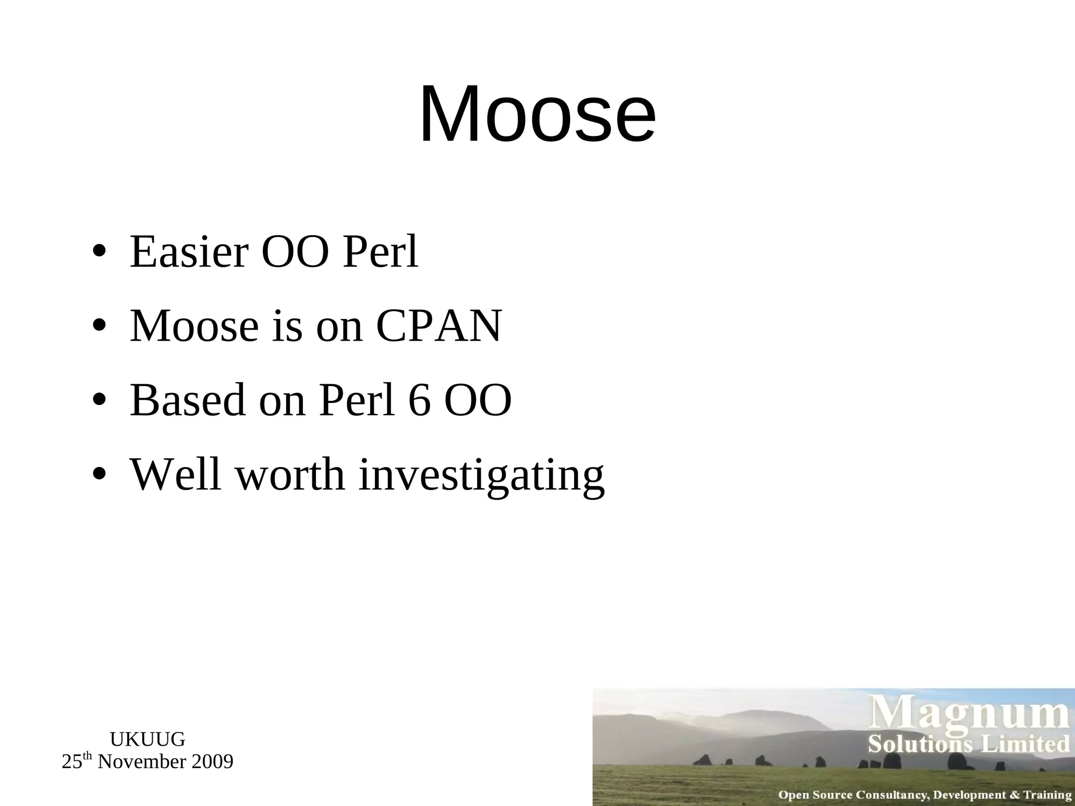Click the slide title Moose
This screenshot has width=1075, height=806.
pos(537,114)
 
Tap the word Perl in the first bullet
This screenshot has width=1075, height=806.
pos(381,252)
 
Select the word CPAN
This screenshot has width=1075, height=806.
pos(439,326)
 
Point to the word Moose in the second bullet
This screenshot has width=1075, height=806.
pos(194,326)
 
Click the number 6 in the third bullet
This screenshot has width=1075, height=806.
pos(419,400)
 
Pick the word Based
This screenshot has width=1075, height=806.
pos(187,400)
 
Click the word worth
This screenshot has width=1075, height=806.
pos(290,474)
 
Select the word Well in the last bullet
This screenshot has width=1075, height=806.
pos(175,474)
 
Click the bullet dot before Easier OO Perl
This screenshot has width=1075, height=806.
pos(99,252)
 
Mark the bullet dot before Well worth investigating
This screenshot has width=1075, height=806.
pos(99,475)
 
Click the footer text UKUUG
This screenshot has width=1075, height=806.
pos(147,739)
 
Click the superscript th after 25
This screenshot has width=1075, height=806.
pos(88,757)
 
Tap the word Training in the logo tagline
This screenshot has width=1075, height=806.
pos(1047,795)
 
